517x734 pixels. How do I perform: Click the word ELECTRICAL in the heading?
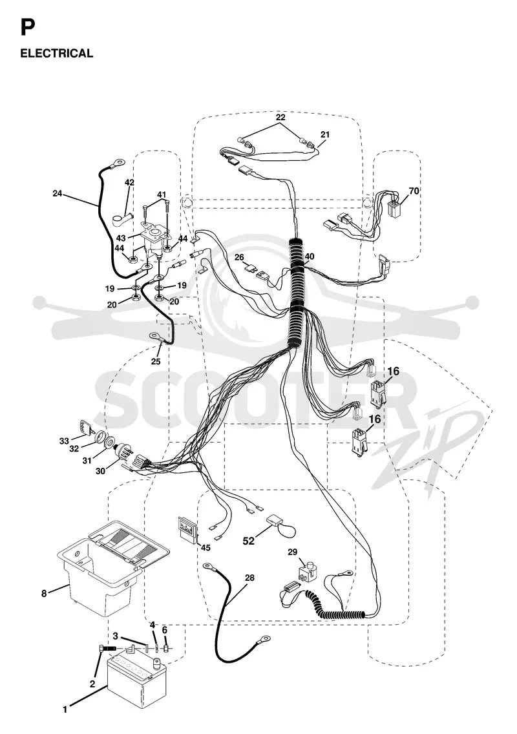[57, 54]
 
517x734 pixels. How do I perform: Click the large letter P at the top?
[27, 28]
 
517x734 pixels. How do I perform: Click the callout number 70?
[414, 191]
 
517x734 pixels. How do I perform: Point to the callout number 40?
[310, 257]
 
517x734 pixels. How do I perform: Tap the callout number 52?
[248, 541]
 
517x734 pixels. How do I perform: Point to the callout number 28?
[249, 578]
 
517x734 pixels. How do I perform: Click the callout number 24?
[57, 193]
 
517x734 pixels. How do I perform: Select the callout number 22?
[280, 117]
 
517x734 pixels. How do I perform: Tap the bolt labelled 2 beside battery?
[108, 651]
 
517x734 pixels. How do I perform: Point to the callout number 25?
[156, 361]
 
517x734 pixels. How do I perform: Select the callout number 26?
[239, 257]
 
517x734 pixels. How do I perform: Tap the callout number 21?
[325, 134]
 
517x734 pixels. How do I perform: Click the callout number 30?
[101, 471]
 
